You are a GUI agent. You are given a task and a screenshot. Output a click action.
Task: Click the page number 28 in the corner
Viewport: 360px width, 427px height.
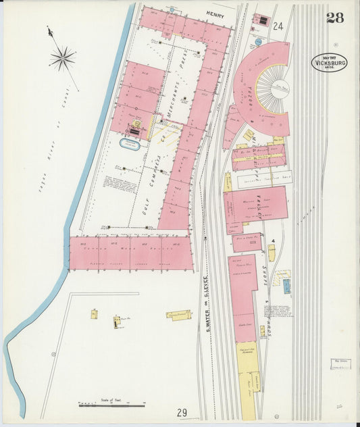335,18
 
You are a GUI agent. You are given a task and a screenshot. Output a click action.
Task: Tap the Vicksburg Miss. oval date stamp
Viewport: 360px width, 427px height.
330,62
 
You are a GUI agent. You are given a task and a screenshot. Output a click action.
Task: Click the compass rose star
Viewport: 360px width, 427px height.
62,58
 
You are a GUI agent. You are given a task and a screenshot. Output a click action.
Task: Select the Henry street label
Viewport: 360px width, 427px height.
215,13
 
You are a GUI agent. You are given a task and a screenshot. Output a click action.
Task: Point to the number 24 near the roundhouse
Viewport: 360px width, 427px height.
278,26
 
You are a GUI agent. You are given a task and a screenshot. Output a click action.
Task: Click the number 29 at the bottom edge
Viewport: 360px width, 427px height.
182,413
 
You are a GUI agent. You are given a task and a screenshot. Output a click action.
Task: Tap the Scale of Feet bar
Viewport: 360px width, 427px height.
112,404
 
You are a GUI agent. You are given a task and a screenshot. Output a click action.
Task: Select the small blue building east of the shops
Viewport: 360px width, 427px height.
286,286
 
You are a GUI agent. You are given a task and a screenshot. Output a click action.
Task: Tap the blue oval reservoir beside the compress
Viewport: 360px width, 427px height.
130,143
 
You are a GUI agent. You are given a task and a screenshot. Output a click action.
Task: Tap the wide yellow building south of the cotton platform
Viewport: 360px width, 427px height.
179,315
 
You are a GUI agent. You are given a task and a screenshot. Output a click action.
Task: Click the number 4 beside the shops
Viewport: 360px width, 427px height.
272,241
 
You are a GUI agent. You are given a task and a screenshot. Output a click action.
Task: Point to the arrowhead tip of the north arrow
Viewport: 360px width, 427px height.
48,28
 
